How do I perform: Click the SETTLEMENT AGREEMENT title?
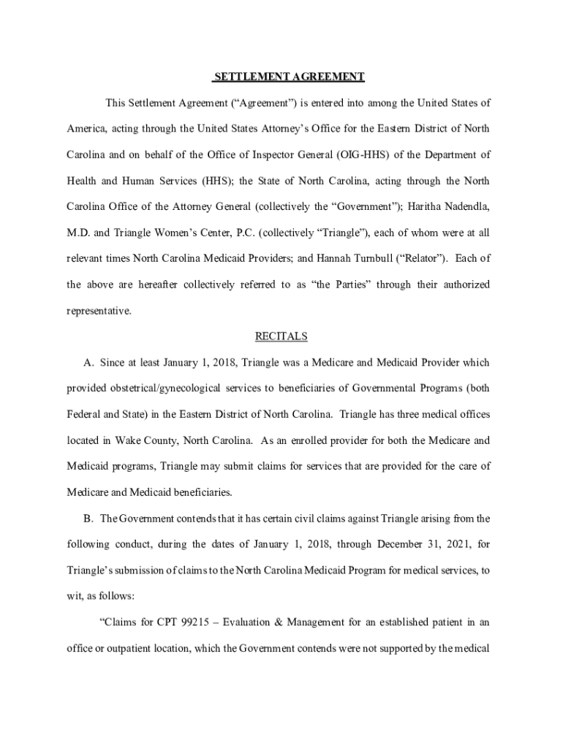[288, 76]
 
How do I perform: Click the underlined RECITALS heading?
[281, 336]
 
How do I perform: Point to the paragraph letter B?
[88, 519]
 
